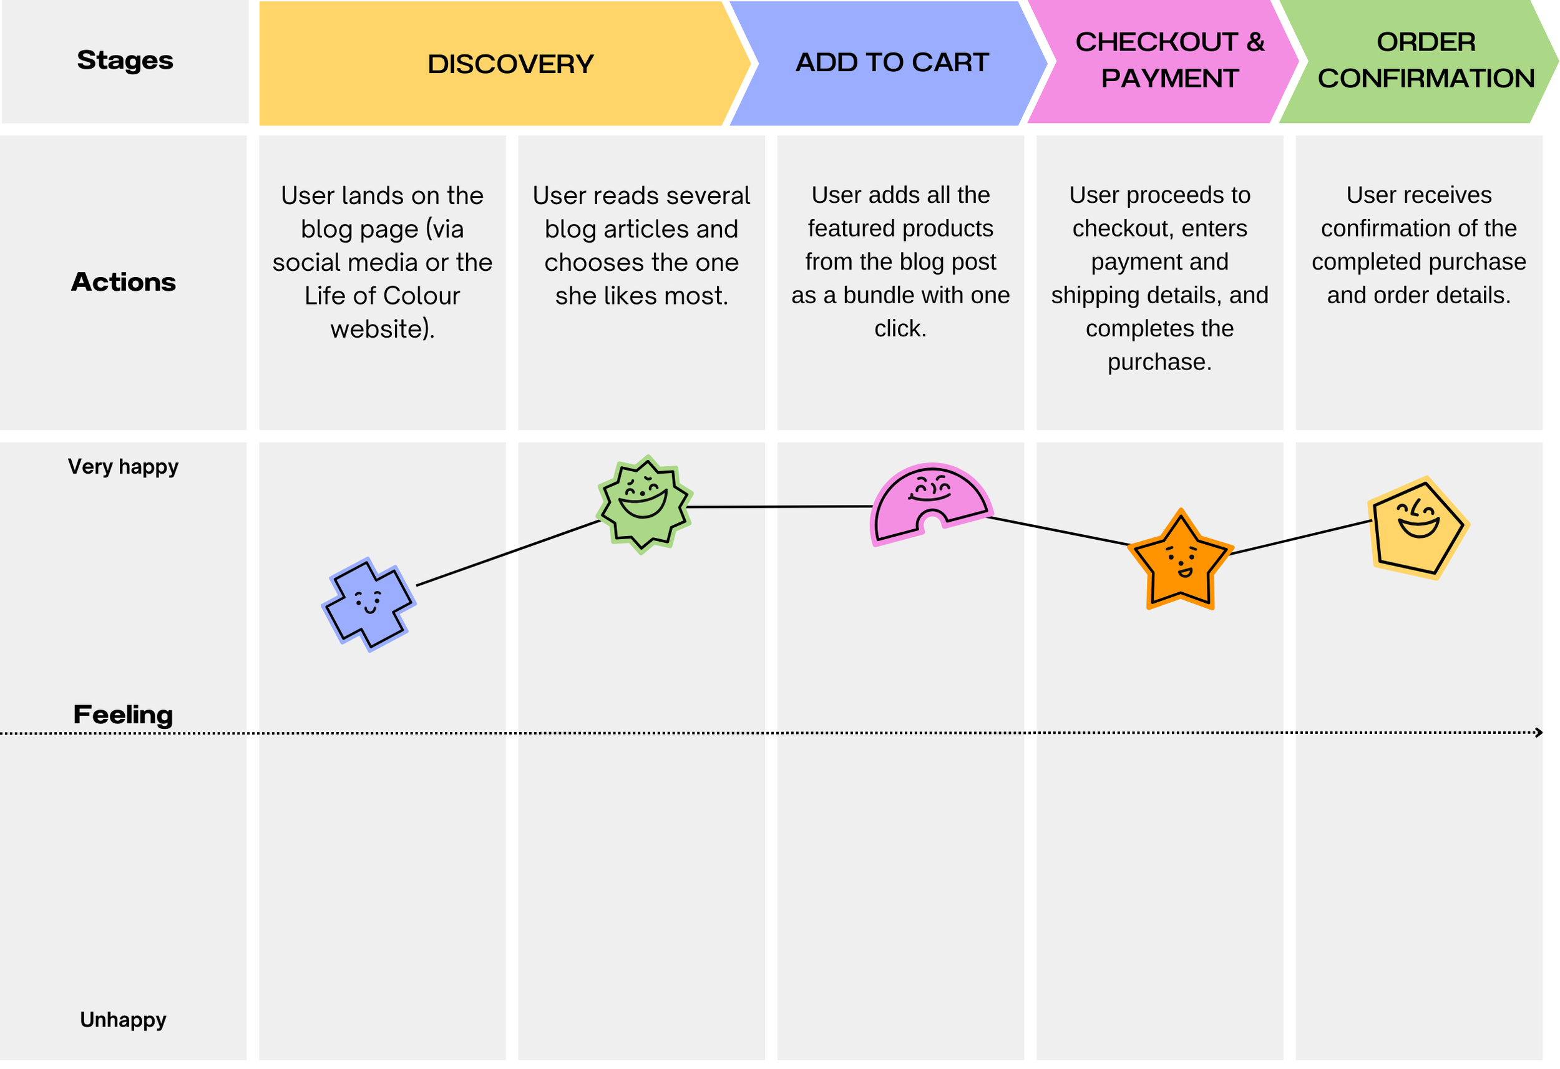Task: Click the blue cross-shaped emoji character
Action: [x=369, y=604]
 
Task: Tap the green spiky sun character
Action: [x=645, y=504]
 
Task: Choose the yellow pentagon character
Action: [x=1418, y=528]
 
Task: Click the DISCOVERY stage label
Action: [x=510, y=64]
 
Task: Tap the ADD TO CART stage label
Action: [x=892, y=62]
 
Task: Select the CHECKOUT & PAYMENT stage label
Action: [x=1169, y=61]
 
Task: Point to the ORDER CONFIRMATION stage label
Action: [x=1426, y=61]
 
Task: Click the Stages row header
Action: [x=125, y=61]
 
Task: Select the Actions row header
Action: [x=124, y=282]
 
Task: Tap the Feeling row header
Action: [x=123, y=715]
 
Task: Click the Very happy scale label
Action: [x=123, y=467]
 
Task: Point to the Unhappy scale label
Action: [x=123, y=1020]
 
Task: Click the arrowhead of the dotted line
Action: [x=1539, y=733]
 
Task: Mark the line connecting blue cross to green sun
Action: [x=508, y=553]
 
